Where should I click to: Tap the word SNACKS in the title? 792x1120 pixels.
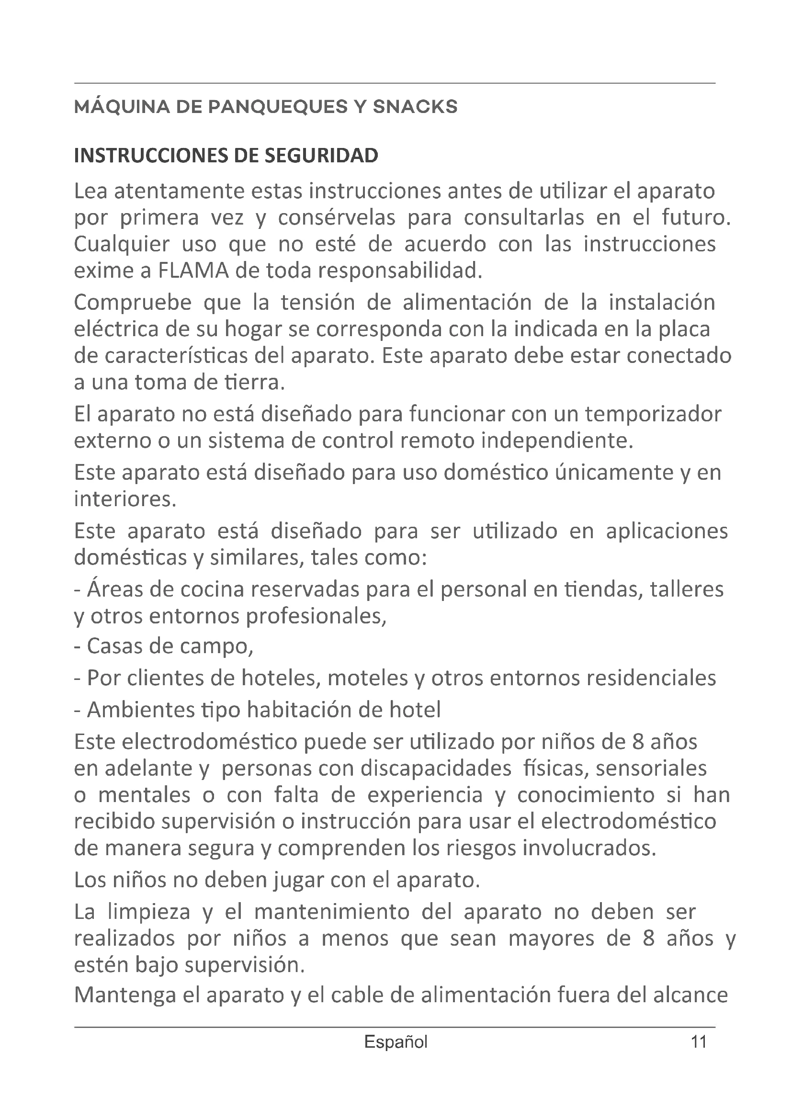(415, 106)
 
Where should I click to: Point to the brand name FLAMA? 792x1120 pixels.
(193, 270)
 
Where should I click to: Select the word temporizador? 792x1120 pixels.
(653, 414)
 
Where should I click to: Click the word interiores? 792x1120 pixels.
(124, 499)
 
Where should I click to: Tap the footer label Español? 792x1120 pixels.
(396, 1042)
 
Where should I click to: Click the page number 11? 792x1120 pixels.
(699, 1042)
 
